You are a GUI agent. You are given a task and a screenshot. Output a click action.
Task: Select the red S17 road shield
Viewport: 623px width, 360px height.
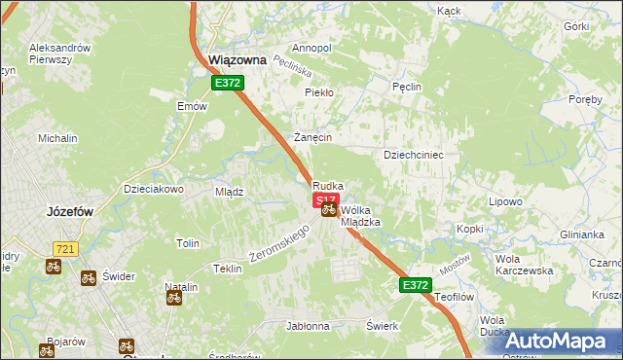click(325, 199)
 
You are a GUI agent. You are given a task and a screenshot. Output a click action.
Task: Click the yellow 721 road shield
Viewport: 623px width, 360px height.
click(65, 249)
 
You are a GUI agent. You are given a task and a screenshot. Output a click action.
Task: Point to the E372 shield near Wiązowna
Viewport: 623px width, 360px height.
click(228, 84)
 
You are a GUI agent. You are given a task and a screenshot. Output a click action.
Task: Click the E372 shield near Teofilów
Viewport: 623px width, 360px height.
click(414, 284)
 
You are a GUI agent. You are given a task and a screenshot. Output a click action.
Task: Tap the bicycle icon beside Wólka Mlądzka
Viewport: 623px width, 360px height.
click(329, 209)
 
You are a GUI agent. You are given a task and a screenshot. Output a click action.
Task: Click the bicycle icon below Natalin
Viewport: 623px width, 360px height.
click(174, 298)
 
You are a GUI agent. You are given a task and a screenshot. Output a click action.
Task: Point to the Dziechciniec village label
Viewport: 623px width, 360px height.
click(414, 154)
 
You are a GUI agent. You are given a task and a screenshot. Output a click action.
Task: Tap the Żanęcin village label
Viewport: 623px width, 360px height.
click(312, 138)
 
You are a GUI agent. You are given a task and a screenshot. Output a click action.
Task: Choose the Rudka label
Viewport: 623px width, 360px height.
click(327, 186)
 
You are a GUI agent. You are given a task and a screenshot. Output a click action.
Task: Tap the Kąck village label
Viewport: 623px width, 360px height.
click(449, 12)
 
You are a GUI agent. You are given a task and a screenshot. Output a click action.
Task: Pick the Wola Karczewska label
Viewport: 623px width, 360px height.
click(524, 265)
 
